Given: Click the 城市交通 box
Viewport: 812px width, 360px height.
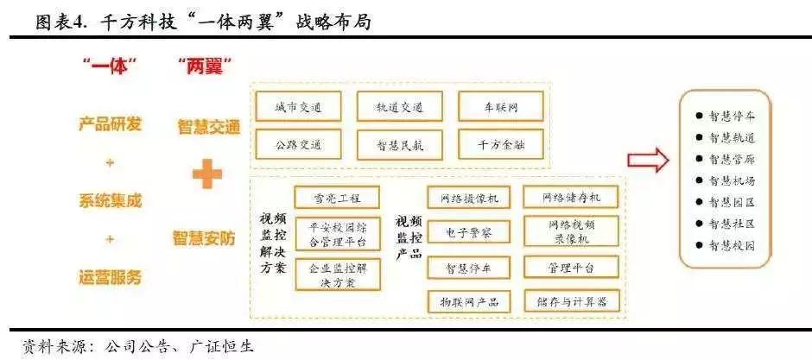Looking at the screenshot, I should [x=298, y=107].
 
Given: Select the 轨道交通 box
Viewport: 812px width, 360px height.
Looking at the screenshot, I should [x=399, y=107].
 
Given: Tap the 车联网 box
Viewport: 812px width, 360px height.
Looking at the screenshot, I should [x=501, y=107].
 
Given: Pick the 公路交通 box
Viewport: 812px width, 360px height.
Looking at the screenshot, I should [x=298, y=144].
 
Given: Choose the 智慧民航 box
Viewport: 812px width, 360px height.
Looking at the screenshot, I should [x=399, y=144].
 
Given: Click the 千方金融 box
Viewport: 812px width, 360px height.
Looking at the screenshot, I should [x=501, y=144].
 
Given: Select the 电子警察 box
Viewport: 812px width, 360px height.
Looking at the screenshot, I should [x=469, y=231].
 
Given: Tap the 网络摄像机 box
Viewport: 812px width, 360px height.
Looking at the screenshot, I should [x=469, y=198].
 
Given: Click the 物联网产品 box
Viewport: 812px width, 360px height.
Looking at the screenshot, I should [x=469, y=301].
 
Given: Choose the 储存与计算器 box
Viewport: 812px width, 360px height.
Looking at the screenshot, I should [x=571, y=301].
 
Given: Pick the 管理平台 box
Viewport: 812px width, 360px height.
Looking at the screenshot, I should [x=571, y=268].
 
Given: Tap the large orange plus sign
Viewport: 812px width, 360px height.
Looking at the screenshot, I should [x=207, y=175].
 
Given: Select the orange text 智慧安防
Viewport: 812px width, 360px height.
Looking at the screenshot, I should [x=208, y=235].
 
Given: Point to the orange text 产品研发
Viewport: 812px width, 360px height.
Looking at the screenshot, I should [x=110, y=123].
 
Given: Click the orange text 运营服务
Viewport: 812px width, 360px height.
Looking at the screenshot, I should [x=110, y=277].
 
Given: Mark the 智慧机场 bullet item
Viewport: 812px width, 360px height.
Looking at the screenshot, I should [x=726, y=180].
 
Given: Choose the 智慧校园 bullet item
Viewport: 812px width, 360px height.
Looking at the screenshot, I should [x=726, y=245].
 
